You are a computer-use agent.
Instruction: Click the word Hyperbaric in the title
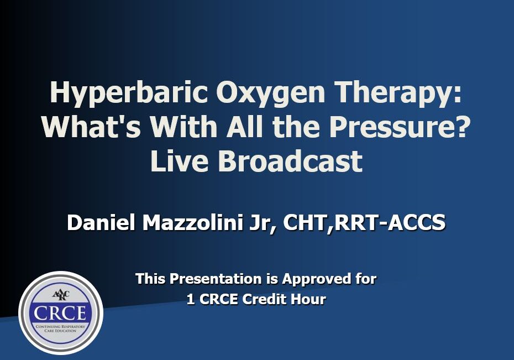(x=129, y=93)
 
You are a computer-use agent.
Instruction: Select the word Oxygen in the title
(x=271, y=93)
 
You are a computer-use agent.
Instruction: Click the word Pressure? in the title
(x=400, y=127)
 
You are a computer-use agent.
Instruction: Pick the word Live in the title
(x=179, y=161)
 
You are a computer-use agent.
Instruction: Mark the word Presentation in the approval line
(x=216, y=279)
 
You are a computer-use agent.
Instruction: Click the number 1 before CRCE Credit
(x=191, y=299)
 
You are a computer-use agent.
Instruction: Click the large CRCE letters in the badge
(x=60, y=313)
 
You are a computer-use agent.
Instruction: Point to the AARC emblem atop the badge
(x=61, y=295)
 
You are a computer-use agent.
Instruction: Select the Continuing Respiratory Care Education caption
(x=60, y=328)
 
